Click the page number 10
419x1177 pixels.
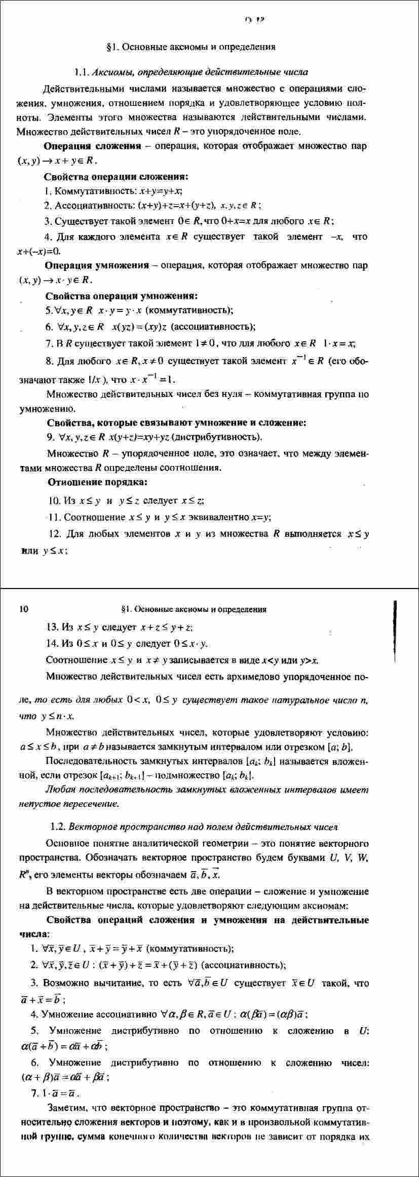pyautogui.click(x=23, y=609)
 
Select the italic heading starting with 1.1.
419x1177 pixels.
pyautogui.click(x=191, y=72)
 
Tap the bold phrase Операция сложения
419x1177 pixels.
pyautogui.click(x=92, y=146)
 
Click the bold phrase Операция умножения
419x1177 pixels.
pyautogui.click(x=97, y=265)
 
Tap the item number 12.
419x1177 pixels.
pyautogui.click(x=56, y=533)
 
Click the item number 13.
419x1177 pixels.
pyautogui.click(x=53, y=627)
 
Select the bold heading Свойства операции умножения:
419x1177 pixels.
pyautogui.click(x=121, y=296)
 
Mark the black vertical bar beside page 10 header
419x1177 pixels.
pyautogui.click(x=394, y=626)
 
